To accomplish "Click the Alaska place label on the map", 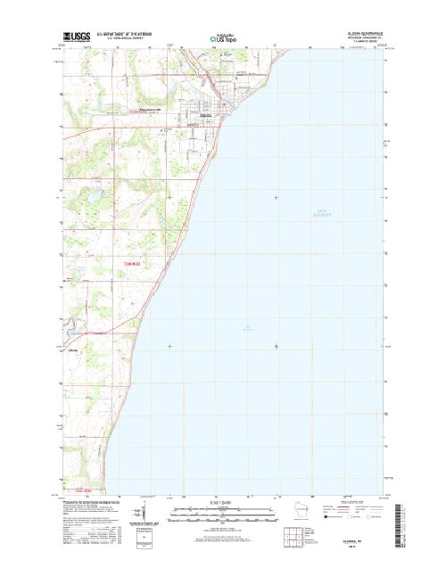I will point(72,350).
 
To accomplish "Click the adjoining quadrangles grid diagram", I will point(292,535).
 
